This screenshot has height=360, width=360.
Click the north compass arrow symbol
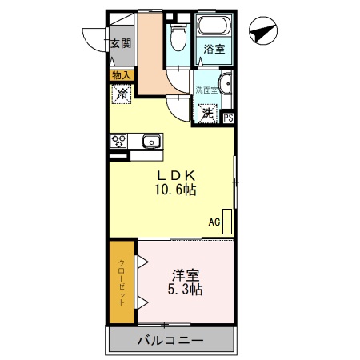click(263, 34)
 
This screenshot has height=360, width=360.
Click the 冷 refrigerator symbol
click(122, 94)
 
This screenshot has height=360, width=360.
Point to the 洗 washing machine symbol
click(208, 113)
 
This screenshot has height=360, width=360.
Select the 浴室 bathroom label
click(214, 49)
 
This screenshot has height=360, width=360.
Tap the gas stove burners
click(119, 142)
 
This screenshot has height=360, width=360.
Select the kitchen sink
click(150, 142)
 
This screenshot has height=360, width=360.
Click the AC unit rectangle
click(226, 221)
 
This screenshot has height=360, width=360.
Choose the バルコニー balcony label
click(170, 340)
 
